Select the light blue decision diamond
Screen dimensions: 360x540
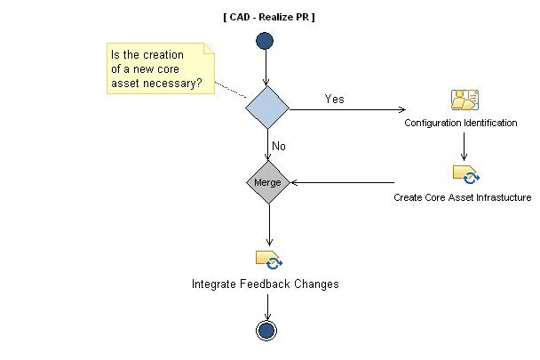tap(267, 108)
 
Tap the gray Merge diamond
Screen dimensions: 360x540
tap(267, 182)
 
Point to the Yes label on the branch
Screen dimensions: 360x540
tap(335, 99)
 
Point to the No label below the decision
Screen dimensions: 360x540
tap(278, 145)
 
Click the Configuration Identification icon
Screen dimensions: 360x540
tap(464, 100)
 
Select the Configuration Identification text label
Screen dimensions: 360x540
tap(461, 123)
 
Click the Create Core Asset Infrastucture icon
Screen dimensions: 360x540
tap(465, 173)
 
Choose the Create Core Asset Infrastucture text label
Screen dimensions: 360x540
tap(462, 197)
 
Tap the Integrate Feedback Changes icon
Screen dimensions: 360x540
tap(268, 260)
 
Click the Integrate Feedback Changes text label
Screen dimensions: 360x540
tap(266, 284)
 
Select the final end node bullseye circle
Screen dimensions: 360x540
tap(266, 330)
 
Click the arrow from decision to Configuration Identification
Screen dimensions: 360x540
tap(346, 110)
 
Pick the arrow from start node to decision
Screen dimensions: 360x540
tap(266, 68)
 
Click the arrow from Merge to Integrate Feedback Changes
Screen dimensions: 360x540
tap(267, 226)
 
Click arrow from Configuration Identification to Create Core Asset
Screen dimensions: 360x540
tap(464, 145)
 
